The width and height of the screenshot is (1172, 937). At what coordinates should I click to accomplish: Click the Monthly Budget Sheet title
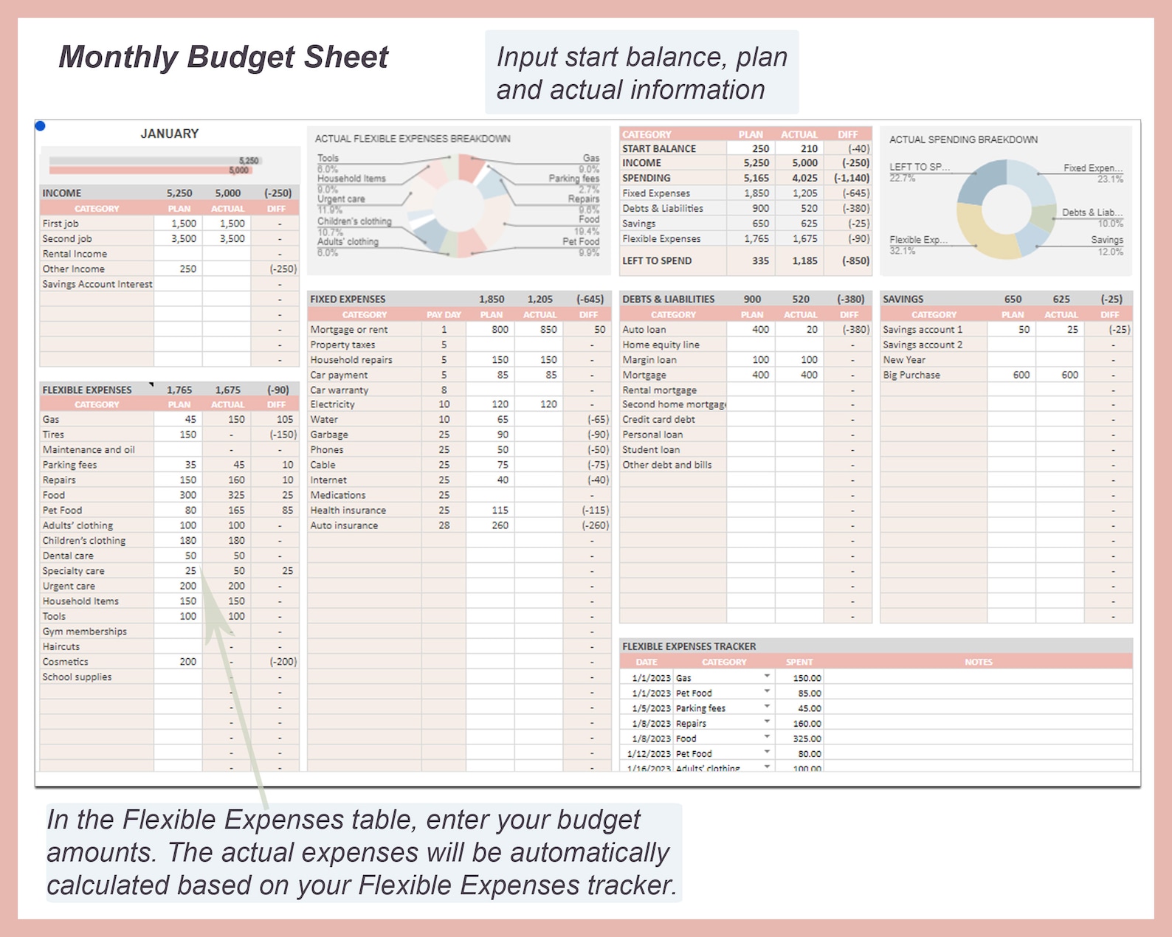tap(223, 58)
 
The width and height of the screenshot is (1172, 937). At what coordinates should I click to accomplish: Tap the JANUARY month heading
tap(170, 134)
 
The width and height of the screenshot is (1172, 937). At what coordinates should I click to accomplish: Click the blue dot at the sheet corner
tap(41, 126)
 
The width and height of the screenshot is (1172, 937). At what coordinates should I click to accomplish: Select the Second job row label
tap(67, 238)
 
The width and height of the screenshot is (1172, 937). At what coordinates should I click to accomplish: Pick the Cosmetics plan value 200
tap(187, 662)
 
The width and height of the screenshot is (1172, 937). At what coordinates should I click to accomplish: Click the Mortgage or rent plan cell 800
tap(500, 330)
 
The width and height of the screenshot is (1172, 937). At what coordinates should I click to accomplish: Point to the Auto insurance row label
tap(344, 525)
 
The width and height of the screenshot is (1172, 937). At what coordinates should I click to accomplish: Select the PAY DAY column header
tap(444, 314)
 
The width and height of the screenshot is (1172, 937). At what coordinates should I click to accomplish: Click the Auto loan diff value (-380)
tap(855, 330)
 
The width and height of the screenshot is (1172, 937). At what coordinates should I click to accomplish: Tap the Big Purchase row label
tap(911, 375)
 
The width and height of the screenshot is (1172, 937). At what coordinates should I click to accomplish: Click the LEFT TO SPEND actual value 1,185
tap(804, 260)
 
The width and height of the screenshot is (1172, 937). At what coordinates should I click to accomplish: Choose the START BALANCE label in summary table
tap(658, 148)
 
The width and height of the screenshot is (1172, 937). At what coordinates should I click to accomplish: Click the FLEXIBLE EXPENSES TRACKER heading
tap(689, 646)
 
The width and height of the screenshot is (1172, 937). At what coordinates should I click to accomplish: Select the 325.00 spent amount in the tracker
tap(807, 739)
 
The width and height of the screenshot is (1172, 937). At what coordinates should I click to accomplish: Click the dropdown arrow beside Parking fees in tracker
tap(767, 707)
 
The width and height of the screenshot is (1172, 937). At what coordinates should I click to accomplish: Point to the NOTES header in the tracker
tap(979, 662)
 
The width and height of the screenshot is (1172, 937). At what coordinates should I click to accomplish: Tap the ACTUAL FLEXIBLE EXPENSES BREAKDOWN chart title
tap(413, 139)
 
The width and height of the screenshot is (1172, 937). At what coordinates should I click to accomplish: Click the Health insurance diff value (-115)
tap(595, 510)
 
